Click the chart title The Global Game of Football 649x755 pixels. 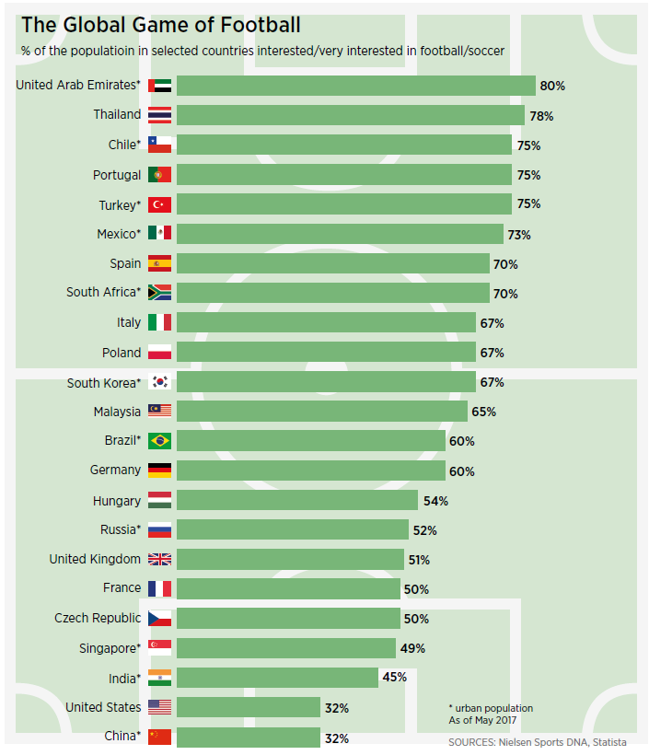[x=161, y=25]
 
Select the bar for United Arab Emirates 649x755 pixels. [x=355, y=86]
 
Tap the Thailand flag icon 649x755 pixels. [x=159, y=115]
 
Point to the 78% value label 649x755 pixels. [x=541, y=116]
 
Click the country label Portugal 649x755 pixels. [x=117, y=175]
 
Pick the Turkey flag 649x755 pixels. [x=159, y=204]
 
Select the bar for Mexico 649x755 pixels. [x=340, y=234]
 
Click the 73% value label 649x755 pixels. [x=519, y=235]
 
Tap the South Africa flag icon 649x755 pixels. [x=159, y=293]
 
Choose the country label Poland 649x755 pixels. [x=122, y=353]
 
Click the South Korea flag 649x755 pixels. [x=159, y=382]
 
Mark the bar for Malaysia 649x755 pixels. [x=321, y=412]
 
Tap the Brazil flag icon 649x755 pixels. [x=159, y=441]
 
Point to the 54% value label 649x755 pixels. [x=435, y=501]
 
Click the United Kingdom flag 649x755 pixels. [x=159, y=559]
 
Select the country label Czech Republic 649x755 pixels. [x=98, y=618]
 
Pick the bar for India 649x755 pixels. [x=277, y=678]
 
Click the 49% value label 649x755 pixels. [x=412, y=648]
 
